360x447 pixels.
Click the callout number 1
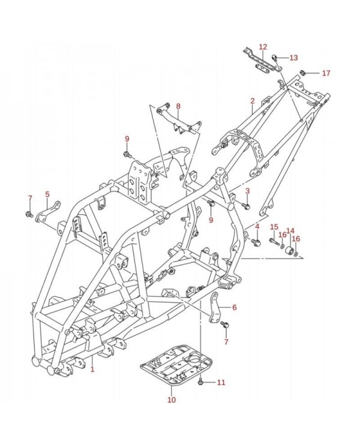click(x=92, y=370)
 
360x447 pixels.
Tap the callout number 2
click(x=253, y=101)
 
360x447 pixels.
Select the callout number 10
click(x=172, y=399)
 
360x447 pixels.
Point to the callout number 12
click(x=263, y=47)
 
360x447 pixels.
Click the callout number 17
click(x=326, y=73)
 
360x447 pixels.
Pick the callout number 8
click(x=178, y=106)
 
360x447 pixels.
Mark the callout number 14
click(x=290, y=230)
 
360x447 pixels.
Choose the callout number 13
click(x=293, y=58)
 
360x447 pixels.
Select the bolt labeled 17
click(x=304, y=73)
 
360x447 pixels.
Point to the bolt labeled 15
click(x=274, y=241)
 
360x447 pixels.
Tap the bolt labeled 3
click(x=245, y=206)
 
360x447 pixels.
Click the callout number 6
click(x=234, y=307)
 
